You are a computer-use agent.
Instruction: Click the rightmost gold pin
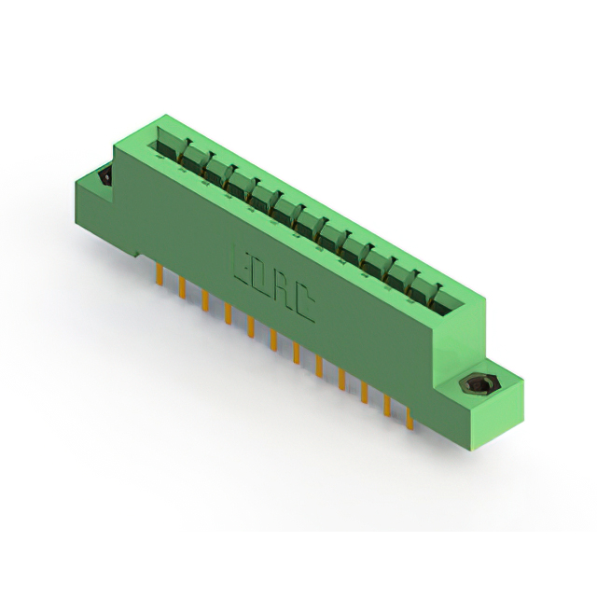pyautogui.click(x=410, y=418)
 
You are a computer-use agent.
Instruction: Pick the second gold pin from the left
pyautogui.click(x=182, y=288)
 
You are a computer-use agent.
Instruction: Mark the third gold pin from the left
pyautogui.click(x=205, y=301)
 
